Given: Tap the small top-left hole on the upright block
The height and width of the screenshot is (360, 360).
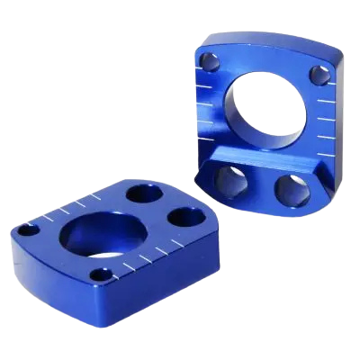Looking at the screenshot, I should pyautogui.click(x=210, y=64).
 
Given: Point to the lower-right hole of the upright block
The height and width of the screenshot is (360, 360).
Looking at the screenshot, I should pyautogui.click(x=291, y=185).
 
